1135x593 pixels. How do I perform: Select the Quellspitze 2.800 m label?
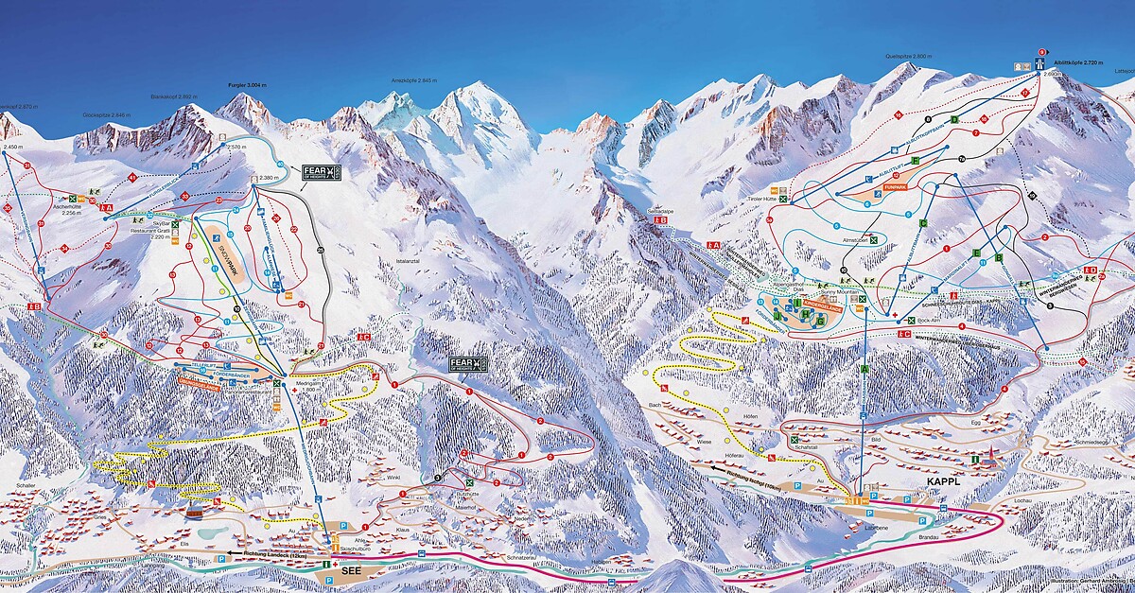[908, 57]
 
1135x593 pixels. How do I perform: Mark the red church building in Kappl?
[989, 458]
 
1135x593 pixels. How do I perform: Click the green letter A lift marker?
[864, 368]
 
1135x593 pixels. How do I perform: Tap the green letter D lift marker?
[956, 119]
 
